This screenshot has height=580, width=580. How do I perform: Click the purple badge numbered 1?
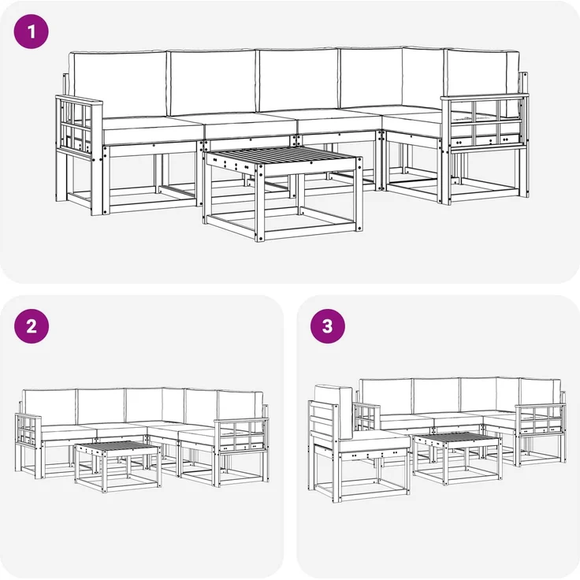coord(32,32)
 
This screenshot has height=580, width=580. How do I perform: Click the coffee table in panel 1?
coord(282,193)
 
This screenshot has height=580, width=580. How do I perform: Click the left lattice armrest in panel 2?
coord(28,433)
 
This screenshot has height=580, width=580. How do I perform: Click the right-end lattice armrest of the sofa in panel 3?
coord(540,420)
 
